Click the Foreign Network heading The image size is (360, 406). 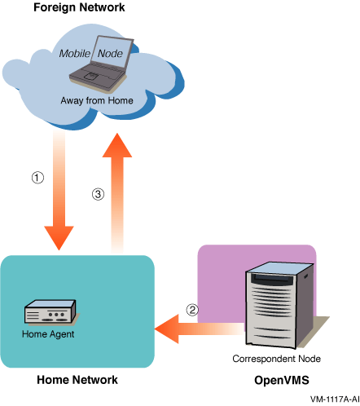tap(79, 7)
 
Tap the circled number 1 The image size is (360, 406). tap(37, 178)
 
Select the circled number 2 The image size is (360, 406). tap(192, 310)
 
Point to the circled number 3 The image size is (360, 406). tap(98, 194)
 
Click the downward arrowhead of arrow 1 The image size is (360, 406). tap(59, 237)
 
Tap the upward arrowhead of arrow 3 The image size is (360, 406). tap(117, 145)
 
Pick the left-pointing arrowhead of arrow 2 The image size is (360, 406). tap(167, 329)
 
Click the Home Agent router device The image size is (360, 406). tap(50, 312)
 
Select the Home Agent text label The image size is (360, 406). tap(48, 334)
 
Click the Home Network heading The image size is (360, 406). tap(77, 380)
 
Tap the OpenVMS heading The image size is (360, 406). tap(282, 380)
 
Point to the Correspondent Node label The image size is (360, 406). tap(276, 359)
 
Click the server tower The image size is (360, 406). tap(279, 305)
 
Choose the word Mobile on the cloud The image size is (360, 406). tap(75, 54)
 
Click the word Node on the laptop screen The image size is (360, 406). tap(110, 54)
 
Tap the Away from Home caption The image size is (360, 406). tap(97, 100)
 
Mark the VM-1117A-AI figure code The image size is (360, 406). tap(335, 399)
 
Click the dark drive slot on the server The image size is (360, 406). tap(272, 279)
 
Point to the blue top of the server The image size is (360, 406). tap(279, 268)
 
